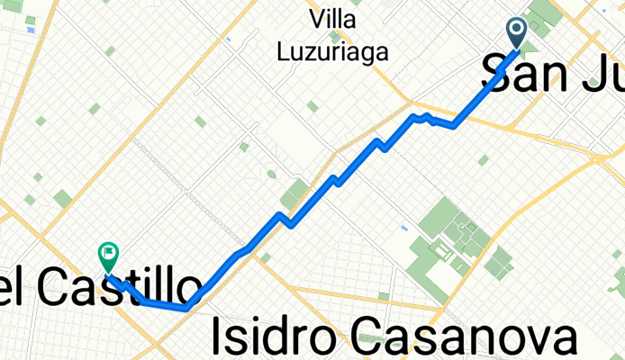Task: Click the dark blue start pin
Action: click(x=518, y=32)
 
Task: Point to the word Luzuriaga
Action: click(x=333, y=52)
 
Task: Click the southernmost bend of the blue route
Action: click(x=186, y=307)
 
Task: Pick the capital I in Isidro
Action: click(x=217, y=337)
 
